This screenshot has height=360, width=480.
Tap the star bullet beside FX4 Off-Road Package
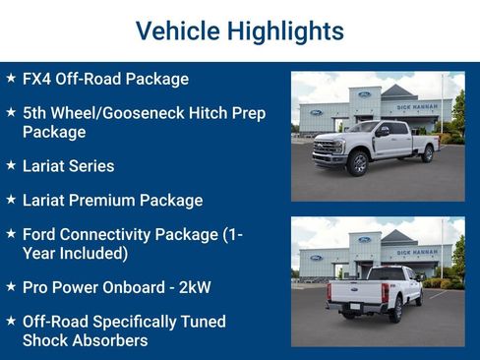click(11, 78)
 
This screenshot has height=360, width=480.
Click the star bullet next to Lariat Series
click(11, 165)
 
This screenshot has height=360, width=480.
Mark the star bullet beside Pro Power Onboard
click(11, 286)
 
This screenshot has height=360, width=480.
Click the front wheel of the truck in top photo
click(357, 163)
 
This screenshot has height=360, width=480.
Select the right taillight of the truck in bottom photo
click(385, 292)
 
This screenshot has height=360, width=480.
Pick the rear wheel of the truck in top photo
click(427, 154)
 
